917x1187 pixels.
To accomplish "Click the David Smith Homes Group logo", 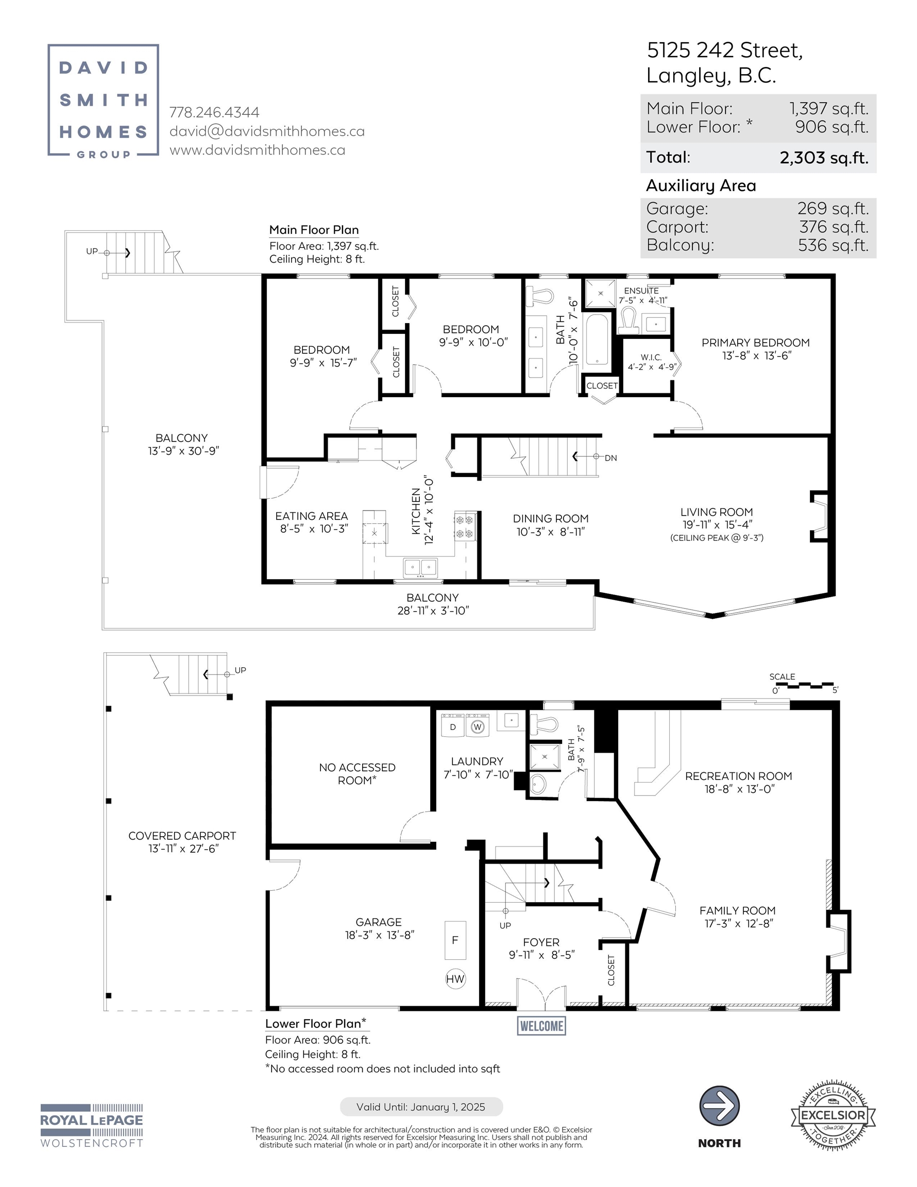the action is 103,100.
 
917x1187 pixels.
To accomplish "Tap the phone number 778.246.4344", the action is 214,112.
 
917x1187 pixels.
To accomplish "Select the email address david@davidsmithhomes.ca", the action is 267,131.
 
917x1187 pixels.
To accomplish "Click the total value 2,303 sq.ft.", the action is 824,158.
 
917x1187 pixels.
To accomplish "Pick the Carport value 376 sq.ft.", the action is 834,227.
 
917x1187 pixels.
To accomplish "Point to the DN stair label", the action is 611,458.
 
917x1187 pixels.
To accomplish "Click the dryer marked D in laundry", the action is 453,725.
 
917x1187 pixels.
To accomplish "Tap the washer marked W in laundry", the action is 477,725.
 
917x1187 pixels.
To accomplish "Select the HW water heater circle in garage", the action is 455,979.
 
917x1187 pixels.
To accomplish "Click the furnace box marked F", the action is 455,940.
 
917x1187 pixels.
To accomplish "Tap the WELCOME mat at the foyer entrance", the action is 541,1026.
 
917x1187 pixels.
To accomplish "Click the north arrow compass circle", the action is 719,1106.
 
